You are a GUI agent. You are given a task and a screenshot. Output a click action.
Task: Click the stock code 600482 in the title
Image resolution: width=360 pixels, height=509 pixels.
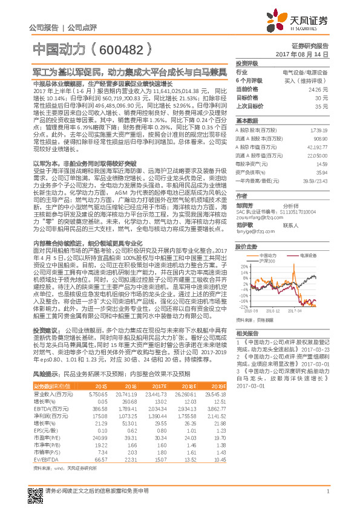tap(130, 50)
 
